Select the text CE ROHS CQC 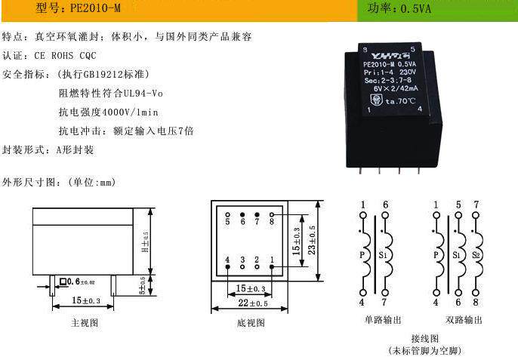66,55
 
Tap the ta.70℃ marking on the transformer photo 400,100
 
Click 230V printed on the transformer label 405,72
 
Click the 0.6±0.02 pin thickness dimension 79,282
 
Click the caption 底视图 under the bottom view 251,322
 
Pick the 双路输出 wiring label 463,320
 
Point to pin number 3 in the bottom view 242,260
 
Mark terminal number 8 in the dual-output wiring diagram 476,303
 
